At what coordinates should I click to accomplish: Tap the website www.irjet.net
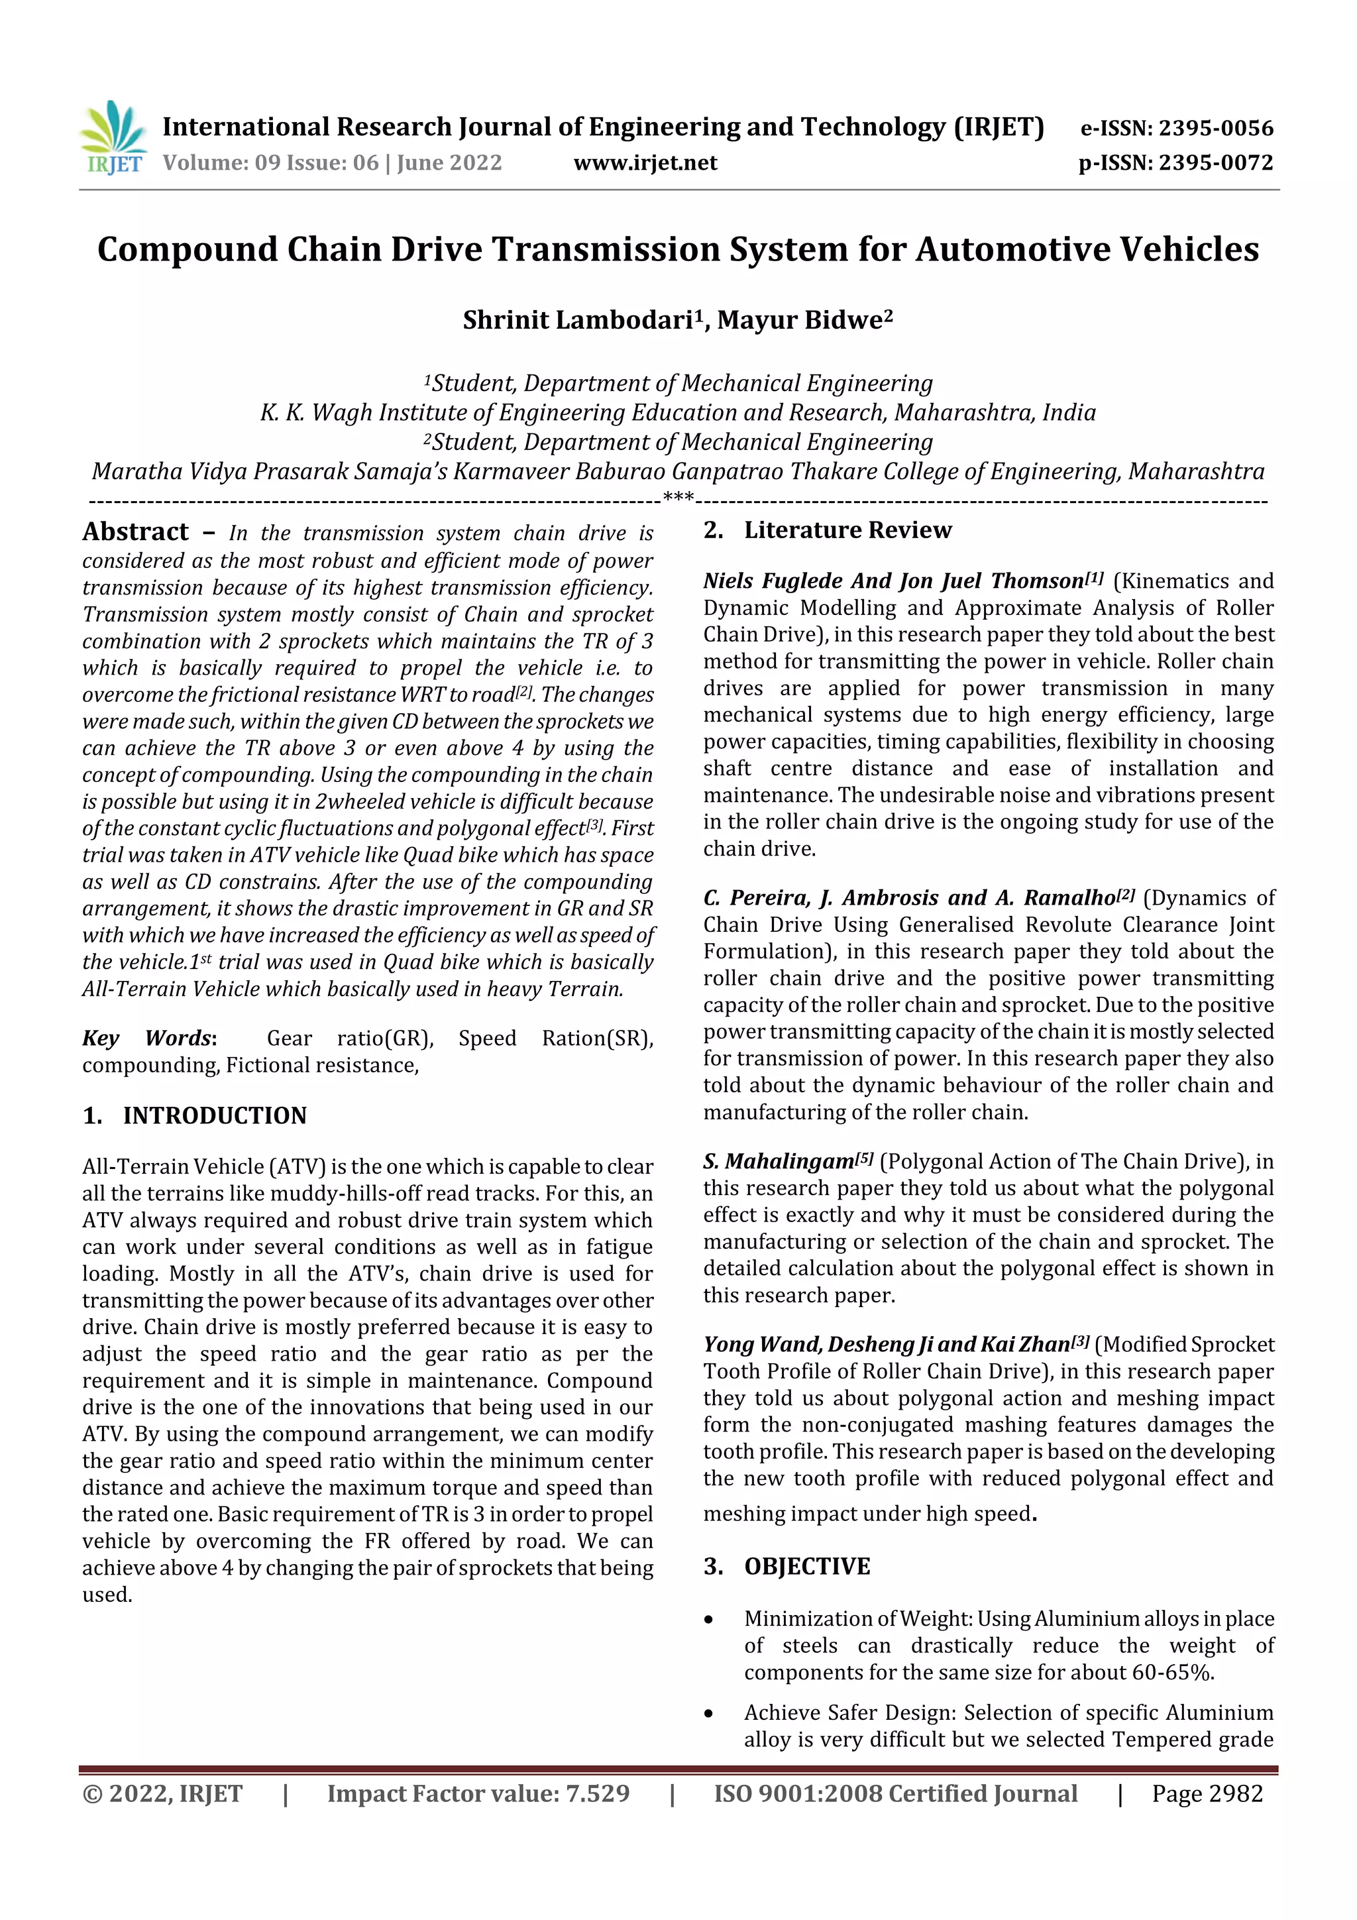coord(645,162)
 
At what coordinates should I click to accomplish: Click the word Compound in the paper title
coord(186,249)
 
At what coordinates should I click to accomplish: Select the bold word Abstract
coord(135,532)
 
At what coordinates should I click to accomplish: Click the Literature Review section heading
coord(847,530)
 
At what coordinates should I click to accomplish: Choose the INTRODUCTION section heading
coord(214,1115)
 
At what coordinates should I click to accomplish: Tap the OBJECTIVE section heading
coord(807,1566)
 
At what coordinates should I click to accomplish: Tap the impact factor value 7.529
coord(597,1793)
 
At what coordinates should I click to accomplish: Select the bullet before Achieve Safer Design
coord(709,1713)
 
